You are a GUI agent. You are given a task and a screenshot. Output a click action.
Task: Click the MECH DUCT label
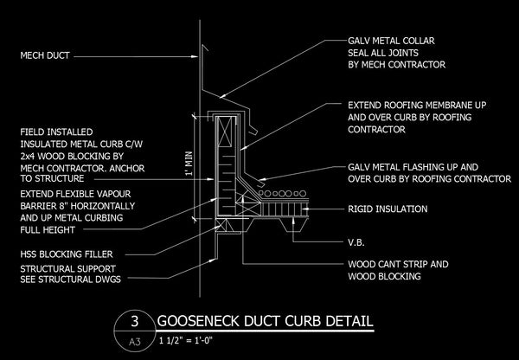click(x=45, y=55)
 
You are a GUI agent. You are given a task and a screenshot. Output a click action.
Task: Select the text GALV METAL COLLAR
click(x=391, y=41)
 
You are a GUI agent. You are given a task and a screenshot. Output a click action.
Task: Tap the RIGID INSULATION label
click(x=388, y=209)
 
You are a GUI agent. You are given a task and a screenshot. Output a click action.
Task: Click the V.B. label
click(x=356, y=243)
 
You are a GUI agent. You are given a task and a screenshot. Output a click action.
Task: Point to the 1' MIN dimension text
click(x=189, y=164)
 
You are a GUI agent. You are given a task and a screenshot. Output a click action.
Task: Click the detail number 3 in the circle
click(x=134, y=321)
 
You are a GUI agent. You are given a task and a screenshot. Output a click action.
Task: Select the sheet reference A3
click(x=134, y=341)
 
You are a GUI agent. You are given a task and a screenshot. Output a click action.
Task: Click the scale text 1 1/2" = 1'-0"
click(x=186, y=340)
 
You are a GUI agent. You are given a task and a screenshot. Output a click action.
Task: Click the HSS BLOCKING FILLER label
click(x=67, y=254)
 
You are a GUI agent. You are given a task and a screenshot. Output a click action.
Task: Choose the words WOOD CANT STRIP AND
click(x=398, y=264)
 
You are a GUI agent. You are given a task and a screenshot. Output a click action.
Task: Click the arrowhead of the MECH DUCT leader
click(x=195, y=56)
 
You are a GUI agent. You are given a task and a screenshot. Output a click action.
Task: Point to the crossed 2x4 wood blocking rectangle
click(x=226, y=132)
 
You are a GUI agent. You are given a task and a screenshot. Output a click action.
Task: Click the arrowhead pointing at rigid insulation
click(x=306, y=209)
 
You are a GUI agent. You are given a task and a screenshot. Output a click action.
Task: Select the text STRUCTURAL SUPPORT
click(x=67, y=268)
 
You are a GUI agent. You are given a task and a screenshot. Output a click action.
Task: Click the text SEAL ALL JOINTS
click(x=383, y=53)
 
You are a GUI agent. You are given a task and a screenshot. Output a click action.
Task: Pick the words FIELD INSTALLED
click(x=56, y=132)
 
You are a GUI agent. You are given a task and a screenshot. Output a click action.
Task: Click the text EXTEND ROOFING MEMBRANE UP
click(x=417, y=106)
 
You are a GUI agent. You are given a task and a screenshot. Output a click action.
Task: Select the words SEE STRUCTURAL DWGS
click(x=71, y=280)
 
